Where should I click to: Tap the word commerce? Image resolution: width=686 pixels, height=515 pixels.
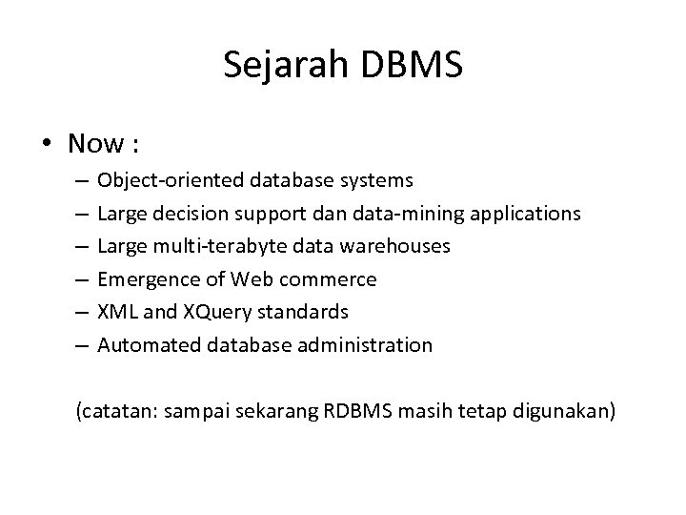pos(335,279)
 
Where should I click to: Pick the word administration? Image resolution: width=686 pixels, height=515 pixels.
pos(372,345)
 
